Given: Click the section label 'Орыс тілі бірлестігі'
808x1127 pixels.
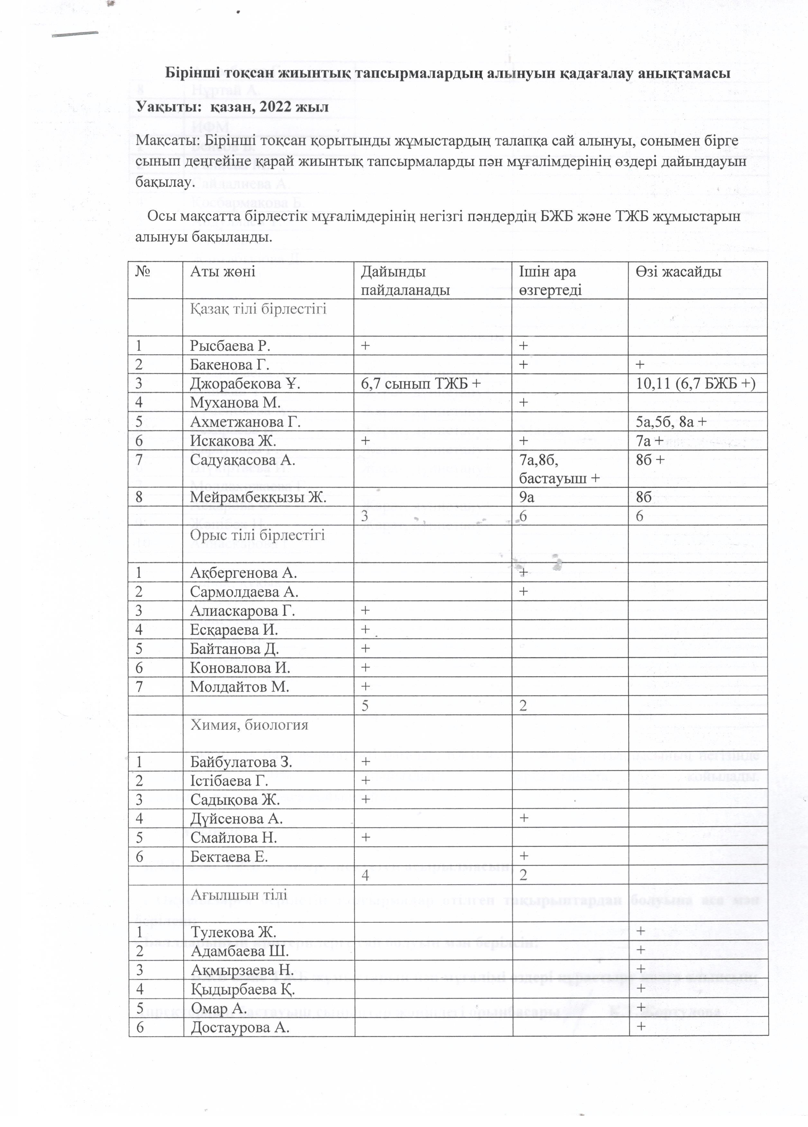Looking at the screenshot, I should coord(257,535).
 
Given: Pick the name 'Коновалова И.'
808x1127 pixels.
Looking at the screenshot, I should coord(240,667).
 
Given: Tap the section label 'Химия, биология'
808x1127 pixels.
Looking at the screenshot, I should coord(249,724).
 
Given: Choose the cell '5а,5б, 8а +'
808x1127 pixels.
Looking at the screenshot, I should coord(671,422).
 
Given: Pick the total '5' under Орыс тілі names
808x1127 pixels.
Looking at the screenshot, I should coord(365,705).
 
